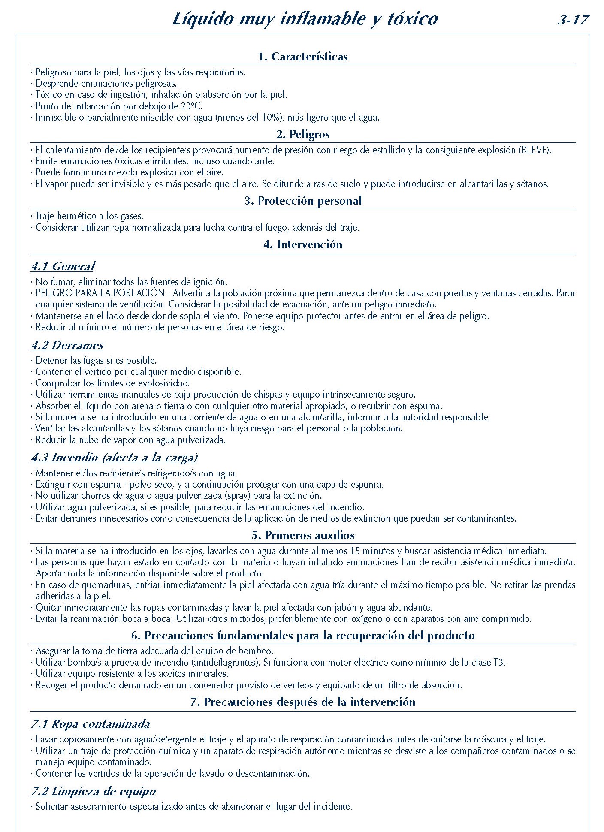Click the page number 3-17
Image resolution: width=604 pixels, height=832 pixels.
573,20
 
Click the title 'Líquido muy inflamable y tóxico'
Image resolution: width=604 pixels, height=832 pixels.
305,19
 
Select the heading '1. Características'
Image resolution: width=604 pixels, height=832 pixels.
303,57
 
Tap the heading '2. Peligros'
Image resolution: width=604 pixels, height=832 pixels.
303,134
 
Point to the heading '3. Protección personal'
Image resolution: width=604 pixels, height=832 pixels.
303,201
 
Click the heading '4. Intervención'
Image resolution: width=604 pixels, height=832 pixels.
303,245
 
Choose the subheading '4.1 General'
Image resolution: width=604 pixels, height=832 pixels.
63,267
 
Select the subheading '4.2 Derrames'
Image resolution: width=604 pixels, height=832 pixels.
67,346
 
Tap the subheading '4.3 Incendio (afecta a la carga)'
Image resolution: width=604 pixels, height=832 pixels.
114,458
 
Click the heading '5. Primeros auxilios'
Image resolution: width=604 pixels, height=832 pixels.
303,535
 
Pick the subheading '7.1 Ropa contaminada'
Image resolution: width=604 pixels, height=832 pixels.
90,724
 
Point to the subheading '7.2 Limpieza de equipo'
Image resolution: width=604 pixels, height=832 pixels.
93,791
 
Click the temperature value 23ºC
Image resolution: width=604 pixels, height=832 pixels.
193,106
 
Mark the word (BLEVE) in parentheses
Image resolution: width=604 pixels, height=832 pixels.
534,150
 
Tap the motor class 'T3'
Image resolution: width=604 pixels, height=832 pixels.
499,663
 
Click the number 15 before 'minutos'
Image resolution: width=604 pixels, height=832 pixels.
356,551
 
